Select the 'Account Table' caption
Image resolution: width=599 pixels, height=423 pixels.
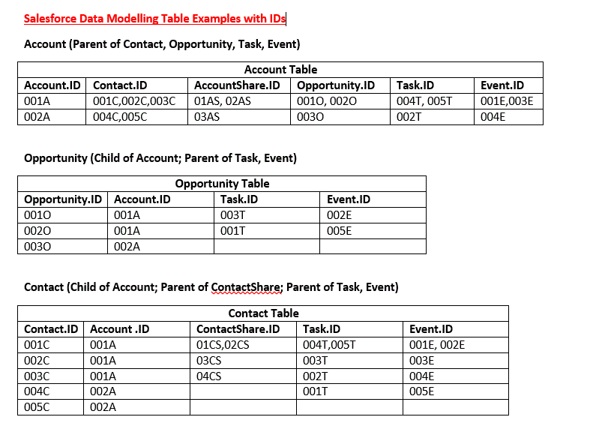280,70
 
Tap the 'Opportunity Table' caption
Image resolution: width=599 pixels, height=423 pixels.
222,183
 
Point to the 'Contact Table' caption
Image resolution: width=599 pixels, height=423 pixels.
263,313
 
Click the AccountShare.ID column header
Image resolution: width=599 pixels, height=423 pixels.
237,85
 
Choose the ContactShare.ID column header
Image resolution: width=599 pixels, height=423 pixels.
238,329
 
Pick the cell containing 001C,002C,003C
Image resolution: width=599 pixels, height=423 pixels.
134,101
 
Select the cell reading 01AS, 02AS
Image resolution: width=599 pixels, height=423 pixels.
223,101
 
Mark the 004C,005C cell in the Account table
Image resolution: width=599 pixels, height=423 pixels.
120,117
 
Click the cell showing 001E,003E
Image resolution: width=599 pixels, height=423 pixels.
507,101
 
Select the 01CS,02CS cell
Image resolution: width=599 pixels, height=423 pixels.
223,345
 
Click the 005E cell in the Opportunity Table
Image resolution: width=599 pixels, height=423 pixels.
340,231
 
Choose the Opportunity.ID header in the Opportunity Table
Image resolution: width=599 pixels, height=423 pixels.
62,199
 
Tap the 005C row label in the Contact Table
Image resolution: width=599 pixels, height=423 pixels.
37,407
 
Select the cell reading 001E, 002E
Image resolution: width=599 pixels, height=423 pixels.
437,345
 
